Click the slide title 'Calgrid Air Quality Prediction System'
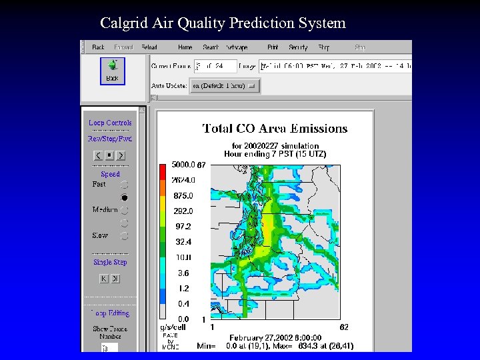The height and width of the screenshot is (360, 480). (x=223, y=23)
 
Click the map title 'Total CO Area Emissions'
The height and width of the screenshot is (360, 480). (x=275, y=128)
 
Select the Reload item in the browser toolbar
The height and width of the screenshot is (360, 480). (x=149, y=47)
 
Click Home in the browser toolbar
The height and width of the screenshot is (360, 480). (x=185, y=47)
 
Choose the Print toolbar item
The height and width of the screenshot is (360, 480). (x=273, y=47)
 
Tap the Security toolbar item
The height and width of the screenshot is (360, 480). (x=297, y=47)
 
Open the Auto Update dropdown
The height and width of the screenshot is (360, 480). (x=224, y=86)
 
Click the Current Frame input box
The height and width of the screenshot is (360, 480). (x=215, y=66)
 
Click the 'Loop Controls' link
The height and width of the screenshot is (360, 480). (x=110, y=123)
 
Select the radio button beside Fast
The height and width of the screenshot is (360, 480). (x=124, y=185)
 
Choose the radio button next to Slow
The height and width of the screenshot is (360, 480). (x=124, y=235)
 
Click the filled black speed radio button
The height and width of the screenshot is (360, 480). (x=124, y=197)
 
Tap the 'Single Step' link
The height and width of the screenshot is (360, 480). (x=110, y=262)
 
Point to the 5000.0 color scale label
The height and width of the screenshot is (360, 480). (x=183, y=165)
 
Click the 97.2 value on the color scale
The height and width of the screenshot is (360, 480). (x=182, y=227)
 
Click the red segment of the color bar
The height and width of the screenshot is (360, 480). (x=163, y=172)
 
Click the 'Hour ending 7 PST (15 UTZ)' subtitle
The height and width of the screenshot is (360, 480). (x=275, y=154)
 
